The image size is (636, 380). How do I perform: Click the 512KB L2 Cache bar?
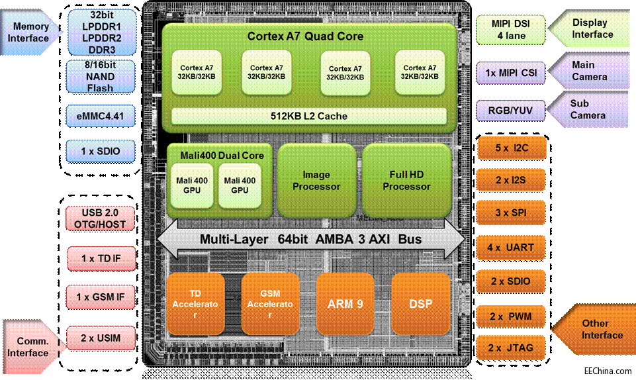tap(308, 116)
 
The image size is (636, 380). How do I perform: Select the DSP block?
tap(420, 304)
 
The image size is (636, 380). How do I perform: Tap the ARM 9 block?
tap(345, 304)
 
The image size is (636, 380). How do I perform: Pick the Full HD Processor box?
tap(406, 181)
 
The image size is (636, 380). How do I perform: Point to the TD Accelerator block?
tap(195, 304)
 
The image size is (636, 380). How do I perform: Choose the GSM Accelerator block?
tap(270, 304)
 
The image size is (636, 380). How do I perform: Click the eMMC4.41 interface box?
tap(100, 117)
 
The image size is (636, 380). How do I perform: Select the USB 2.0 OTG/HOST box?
tap(100, 218)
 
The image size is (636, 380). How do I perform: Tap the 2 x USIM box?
tap(100, 338)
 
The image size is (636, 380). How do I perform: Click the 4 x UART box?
tap(510, 248)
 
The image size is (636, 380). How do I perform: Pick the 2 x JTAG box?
tap(510, 348)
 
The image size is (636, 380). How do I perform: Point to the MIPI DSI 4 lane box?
tap(510, 30)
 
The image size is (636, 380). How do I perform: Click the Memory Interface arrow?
tap(30, 32)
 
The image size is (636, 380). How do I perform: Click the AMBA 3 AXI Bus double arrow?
tap(310, 239)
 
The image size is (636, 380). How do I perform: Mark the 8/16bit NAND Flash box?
tap(100, 76)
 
